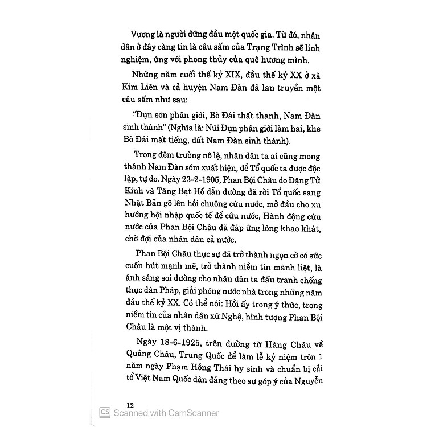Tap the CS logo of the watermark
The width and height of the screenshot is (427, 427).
point(105,413)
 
